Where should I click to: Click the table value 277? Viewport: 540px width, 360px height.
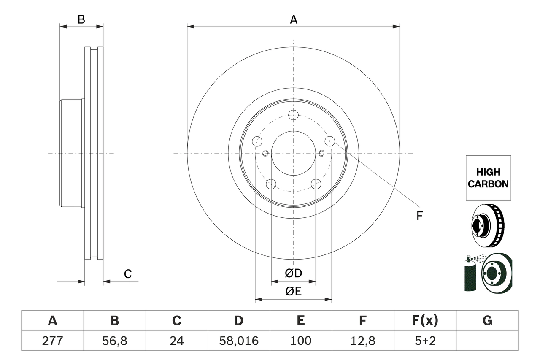tap(52, 341)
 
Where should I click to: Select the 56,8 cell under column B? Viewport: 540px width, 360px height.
tap(114, 341)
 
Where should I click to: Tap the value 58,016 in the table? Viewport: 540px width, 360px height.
tap(238, 341)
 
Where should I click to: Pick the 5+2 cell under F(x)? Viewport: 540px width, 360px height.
tap(425, 341)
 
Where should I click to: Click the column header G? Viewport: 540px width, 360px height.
tap(487, 321)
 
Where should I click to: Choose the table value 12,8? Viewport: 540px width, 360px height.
tap(362, 341)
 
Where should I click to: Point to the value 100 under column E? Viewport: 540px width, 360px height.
tap(300, 341)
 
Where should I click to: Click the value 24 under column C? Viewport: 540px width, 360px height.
tap(176, 341)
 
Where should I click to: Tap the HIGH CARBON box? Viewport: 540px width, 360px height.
tap(488, 178)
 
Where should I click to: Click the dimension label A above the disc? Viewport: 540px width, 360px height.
tap(293, 19)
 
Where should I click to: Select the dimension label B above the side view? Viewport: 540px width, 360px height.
tap(81, 19)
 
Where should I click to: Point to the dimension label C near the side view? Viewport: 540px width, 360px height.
tap(128, 274)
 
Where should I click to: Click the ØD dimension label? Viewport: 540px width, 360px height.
tap(294, 273)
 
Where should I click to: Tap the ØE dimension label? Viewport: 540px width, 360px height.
tap(294, 292)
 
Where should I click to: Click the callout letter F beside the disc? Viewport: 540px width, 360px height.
tap(419, 216)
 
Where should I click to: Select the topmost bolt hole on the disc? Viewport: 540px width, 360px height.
tap(293, 114)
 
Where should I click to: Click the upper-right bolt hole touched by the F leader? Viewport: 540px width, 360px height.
tap(329, 141)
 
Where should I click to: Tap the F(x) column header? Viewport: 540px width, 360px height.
tap(425, 321)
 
